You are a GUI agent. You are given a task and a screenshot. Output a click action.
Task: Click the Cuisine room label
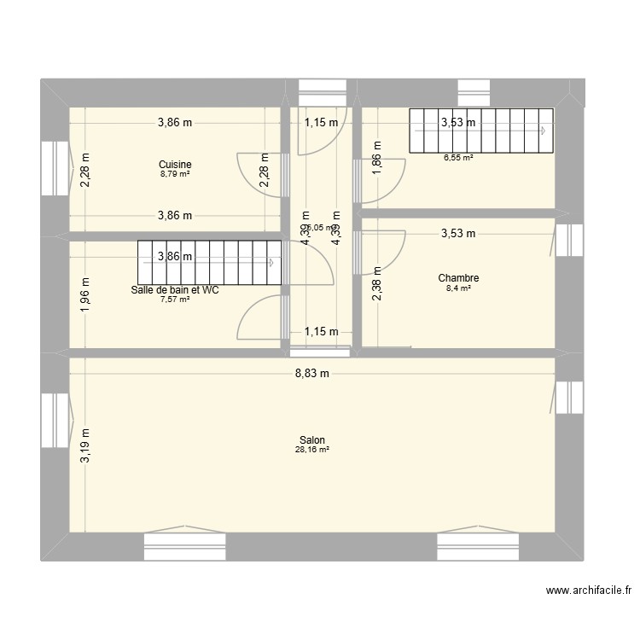coord(175,165)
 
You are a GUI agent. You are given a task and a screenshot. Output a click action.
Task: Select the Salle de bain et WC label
coord(175,290)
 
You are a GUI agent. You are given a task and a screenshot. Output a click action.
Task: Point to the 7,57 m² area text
coord(175,300)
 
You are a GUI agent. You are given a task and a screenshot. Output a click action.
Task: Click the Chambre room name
coord(458,278)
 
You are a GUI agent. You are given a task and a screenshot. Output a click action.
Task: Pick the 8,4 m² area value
coord(458,288)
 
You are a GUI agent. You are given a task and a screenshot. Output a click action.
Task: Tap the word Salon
coord(312,440)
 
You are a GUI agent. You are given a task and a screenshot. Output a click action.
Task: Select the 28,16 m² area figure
coord(312,450)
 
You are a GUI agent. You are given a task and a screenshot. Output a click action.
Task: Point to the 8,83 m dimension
coord(312,373)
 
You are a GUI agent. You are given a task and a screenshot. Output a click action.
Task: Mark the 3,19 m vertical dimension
coord(84,446)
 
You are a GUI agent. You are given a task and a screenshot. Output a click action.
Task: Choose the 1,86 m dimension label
coord(376,160)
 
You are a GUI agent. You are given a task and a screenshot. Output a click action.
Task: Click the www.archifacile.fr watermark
coord(590,590)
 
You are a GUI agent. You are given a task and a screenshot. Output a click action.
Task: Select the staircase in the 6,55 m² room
coord(480,131)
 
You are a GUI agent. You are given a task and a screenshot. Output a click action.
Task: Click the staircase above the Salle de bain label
coord(209,263)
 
